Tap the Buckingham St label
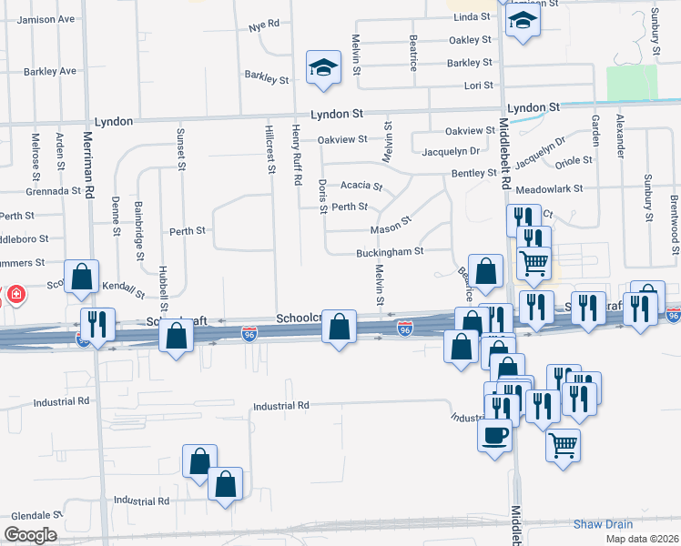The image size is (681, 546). point(390,250)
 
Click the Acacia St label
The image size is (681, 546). point(361,185)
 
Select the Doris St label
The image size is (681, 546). point(323,197)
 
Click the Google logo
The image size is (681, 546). point(29,535)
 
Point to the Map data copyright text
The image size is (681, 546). point(641,539)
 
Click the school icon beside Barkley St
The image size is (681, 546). point(323,67)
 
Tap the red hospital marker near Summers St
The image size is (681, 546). point(15,295)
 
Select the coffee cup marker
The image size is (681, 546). point(494,434)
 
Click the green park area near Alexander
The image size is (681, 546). point(631,83)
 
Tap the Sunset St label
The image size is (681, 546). point(180,149)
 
